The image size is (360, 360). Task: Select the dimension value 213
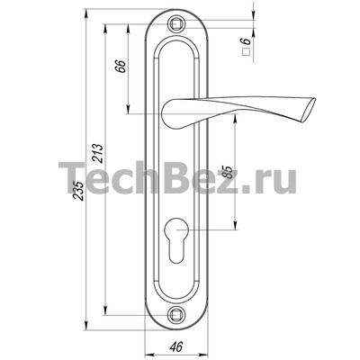pyautogui.click(x=98, y=154)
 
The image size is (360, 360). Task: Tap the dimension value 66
pyautogui.click(x=121, y=66)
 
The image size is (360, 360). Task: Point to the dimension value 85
pyautogui.click(x=228, y=172)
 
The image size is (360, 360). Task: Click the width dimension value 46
pyautogui.click(x=176, y=347)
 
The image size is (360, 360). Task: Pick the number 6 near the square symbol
pyautogui.click(x=247, y=41)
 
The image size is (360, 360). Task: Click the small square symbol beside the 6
pyautogui.click(x=247, y=52)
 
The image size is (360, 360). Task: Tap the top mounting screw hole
pyautogui.click(x=176, y=23)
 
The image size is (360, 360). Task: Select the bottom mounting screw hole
pyautogui.click(x=175, y=315)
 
